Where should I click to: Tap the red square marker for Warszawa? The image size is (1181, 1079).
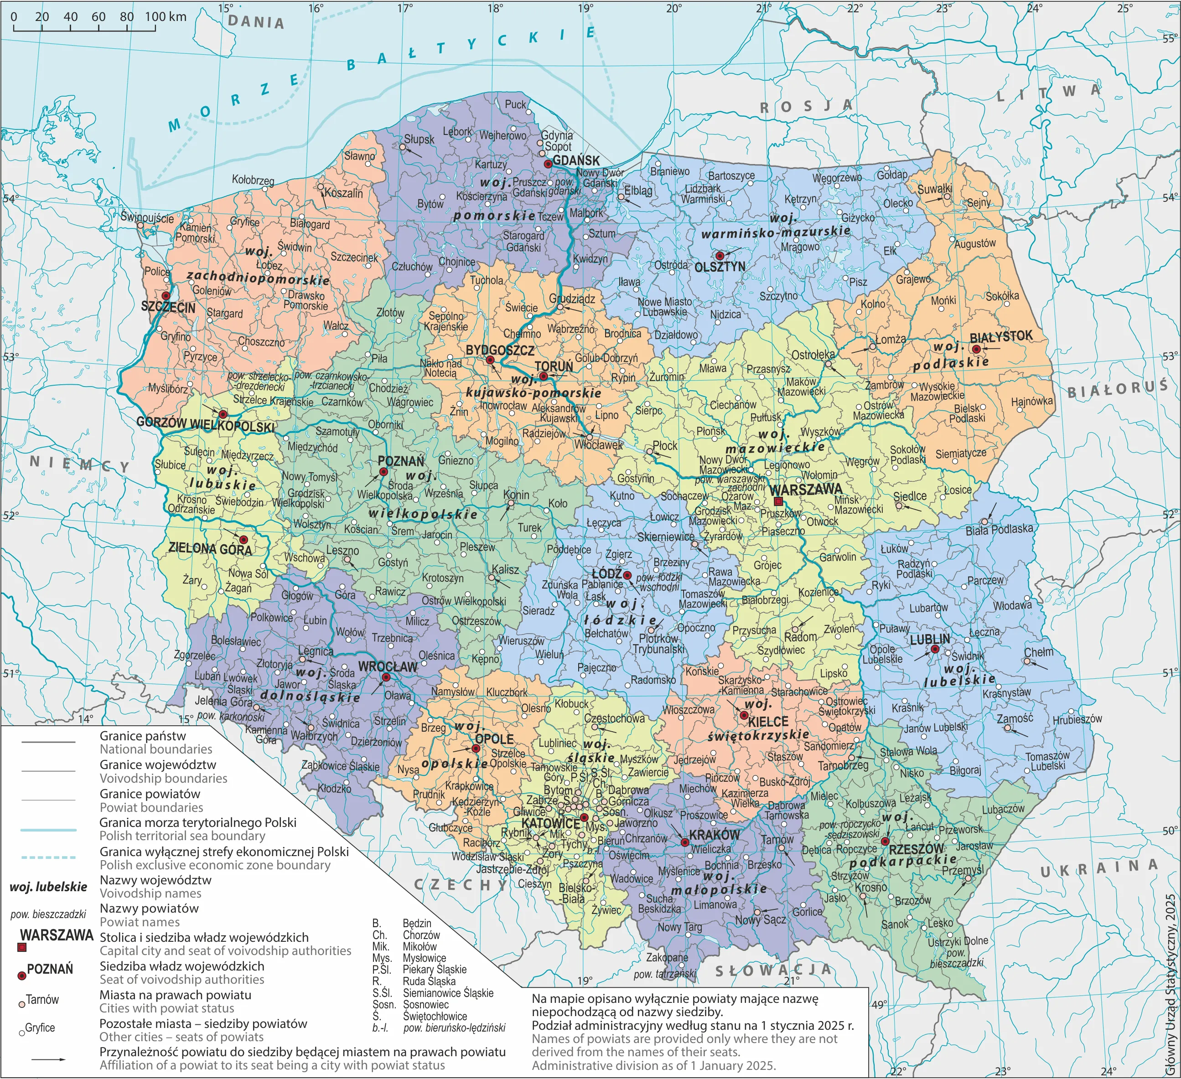pos(778,502)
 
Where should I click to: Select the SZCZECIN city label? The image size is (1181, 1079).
pos(168,307)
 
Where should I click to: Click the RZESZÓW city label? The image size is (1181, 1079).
pos(916,849)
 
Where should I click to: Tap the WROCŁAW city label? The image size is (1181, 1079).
pos(387,666)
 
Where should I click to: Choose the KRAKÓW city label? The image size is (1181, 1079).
pos(714,834)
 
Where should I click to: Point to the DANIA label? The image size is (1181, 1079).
pos(256,22)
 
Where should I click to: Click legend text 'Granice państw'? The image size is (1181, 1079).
pos(142,736)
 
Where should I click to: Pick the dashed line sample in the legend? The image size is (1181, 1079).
pos(49,857)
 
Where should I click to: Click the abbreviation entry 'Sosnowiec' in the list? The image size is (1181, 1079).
pos(425,1005)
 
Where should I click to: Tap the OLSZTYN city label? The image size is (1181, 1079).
pos(720,267)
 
